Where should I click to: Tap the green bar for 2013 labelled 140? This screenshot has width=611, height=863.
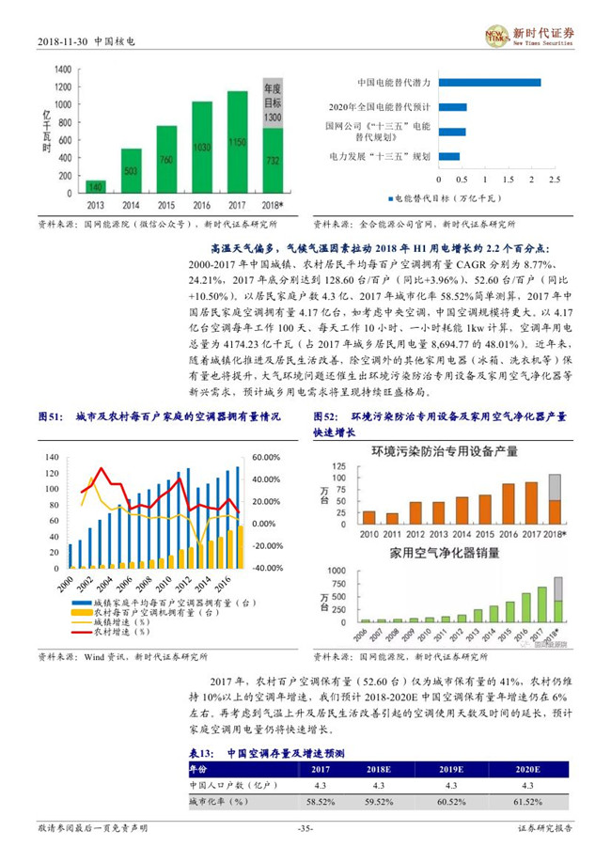[96, 186]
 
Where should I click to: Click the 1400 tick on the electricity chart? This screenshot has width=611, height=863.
[63, 71]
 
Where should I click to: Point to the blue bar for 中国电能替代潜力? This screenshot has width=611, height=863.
[488, 83]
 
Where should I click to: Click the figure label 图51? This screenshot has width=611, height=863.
[49, 416]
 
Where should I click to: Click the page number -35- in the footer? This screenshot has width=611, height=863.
[305, 827]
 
